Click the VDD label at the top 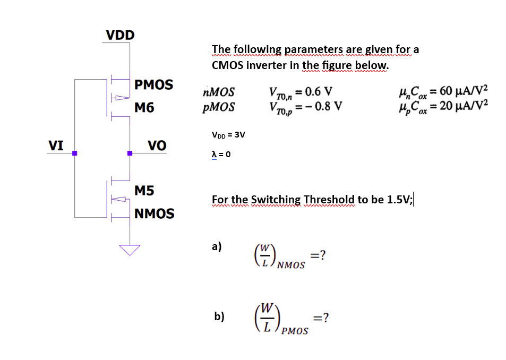click(120, 35)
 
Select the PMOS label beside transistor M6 click(153, 85)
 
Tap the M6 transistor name click(144, 108)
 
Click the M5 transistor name click(144, 190)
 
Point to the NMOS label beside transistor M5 click(154, 213)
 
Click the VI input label click(56, 145)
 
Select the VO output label click(157, 145)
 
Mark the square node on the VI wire click(75, 153)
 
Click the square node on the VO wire click(130, 153)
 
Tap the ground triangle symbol click(130, 249)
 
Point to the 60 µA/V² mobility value click(462, 90)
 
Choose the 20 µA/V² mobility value click(462, 105)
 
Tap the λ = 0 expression click(221, 154)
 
